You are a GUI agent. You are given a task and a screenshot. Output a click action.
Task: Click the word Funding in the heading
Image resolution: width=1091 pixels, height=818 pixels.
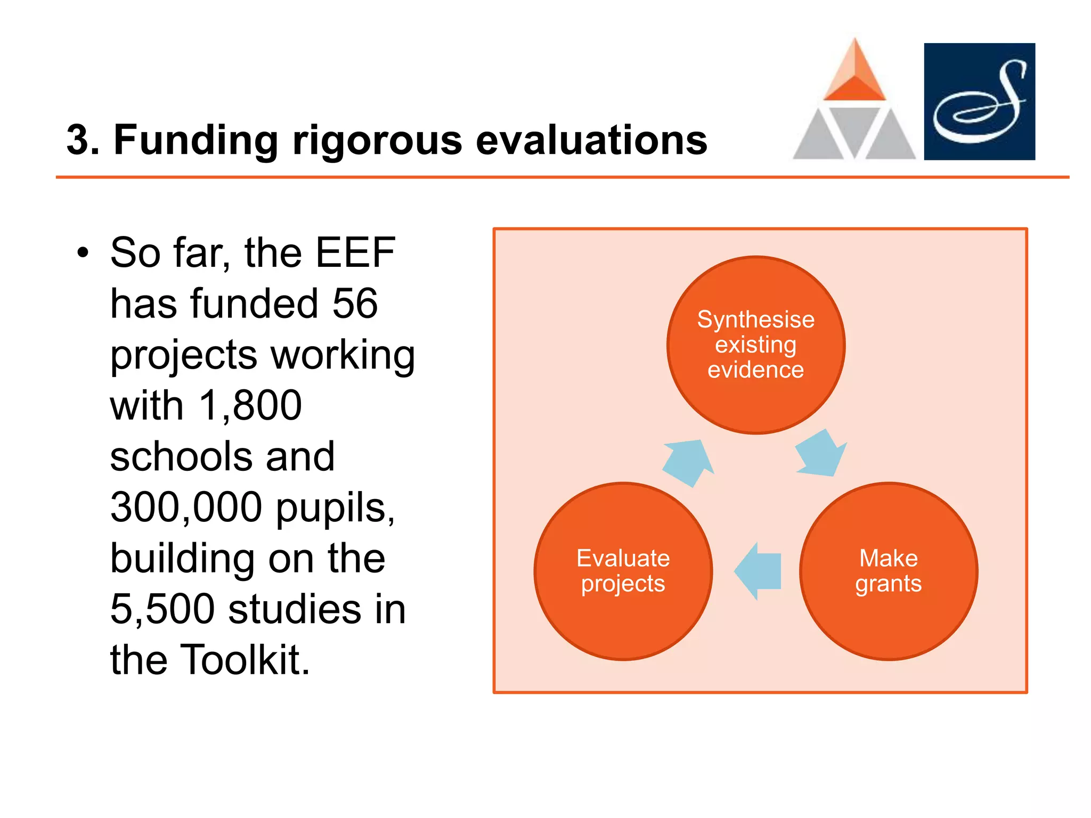click(x=196, y=141)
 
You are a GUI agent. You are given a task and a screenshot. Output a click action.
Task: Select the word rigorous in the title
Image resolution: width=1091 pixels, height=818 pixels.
click(x=377, y=141)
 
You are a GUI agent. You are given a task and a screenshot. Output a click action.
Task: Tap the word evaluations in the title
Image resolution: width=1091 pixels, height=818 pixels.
click(x=591, y=141)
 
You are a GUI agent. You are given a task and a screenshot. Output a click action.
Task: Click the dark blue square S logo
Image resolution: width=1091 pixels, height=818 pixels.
click(x=979, y=101)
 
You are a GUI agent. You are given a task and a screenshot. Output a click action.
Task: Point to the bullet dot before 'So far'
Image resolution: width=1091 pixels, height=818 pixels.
click(x=83, y=253)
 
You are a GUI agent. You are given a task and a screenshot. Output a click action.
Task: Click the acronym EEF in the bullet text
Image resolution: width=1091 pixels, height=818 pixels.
click(x=355, y=253)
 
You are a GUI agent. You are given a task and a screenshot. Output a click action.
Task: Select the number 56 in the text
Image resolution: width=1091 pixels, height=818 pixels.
click(x=355, y=304)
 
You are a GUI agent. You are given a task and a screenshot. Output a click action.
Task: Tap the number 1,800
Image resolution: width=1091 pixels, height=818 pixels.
click(x=249, y=406)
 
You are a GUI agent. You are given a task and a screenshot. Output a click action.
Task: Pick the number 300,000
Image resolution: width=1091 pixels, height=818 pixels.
click(x=186, y=507)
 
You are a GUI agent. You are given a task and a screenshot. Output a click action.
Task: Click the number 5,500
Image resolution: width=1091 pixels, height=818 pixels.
click(x=162, y=609)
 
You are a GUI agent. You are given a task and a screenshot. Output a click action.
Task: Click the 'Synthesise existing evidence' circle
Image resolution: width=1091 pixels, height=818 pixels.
click(x=755, y=345)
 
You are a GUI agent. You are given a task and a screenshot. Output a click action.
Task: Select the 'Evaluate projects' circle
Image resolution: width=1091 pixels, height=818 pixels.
click(x=623, y=571)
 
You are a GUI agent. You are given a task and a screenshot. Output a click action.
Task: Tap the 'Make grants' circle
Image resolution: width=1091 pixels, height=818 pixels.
click(x=888, y=571)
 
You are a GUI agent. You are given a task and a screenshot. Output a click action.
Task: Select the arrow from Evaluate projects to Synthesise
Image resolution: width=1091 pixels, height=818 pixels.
click(x=689, y=462)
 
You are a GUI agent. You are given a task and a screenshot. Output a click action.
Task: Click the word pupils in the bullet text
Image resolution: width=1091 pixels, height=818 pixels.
click(x=335, y=507)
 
